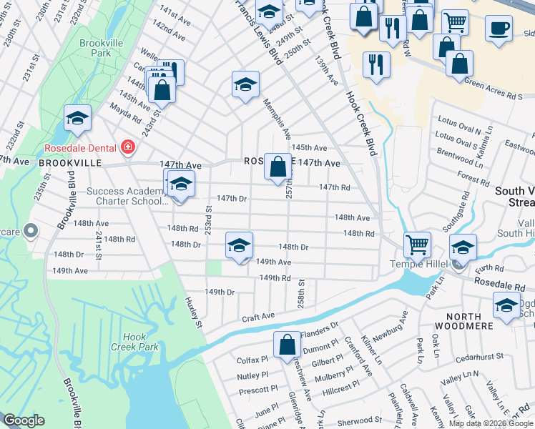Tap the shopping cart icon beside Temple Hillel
click(x=417, y=244)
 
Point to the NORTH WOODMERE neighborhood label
click(x=470, y=326)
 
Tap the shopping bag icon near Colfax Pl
click(x=287, y=344)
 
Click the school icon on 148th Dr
click(x=239, y=245)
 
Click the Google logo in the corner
click(x=24, y=420)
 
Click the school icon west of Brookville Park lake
click(x=77, y=117)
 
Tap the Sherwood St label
click(x=360, y=421)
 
